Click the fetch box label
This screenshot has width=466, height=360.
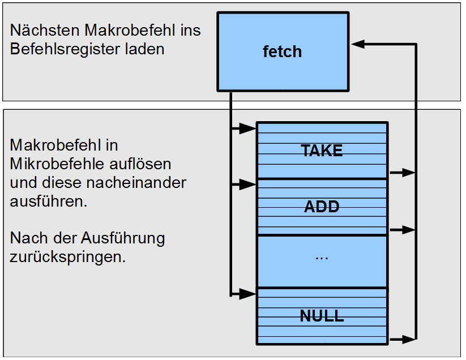coord(282,52)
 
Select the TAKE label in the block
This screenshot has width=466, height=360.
coord(322,151)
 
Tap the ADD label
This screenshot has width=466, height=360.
coord(322,207)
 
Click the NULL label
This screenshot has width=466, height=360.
coord(322,316)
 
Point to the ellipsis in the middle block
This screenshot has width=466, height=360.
coord(322,256)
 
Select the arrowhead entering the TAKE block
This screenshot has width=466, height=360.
coord(248,129)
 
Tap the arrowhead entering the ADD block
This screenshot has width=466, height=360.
coord(248,184)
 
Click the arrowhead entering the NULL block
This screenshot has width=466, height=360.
coord(248,294)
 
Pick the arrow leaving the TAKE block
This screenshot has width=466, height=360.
coord(403,173)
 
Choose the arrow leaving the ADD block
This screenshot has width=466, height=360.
coord(403,230)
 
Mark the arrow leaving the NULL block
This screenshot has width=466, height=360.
coord(403,339)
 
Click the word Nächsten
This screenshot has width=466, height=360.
coord(42,31)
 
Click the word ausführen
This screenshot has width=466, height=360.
coord(49,202)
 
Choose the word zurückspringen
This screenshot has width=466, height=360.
coord(67,256)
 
